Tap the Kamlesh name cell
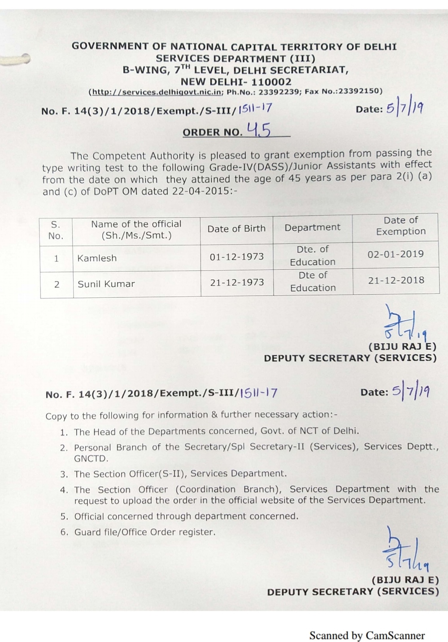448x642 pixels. (x=97, y=258)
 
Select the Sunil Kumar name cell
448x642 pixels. (x=106, y=284)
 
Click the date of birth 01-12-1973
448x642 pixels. (x=237, y=257)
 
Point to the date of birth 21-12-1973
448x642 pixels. (x=237, y=282)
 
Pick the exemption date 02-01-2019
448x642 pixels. (x=396, y=254)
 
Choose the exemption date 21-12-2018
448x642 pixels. (x=396, y=280)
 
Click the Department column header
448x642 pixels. (x=313, y=227)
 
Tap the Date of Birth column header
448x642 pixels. (x=236, y=229)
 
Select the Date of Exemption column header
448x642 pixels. (x=401, y=226)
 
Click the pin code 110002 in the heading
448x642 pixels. (x=271, y=82)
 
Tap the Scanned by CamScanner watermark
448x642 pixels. (x=366, y=635)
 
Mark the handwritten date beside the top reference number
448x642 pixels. (x=405, y=108)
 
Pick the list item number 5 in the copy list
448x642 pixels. (x=64, y=517)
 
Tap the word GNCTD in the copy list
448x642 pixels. (x=91, y=459)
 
